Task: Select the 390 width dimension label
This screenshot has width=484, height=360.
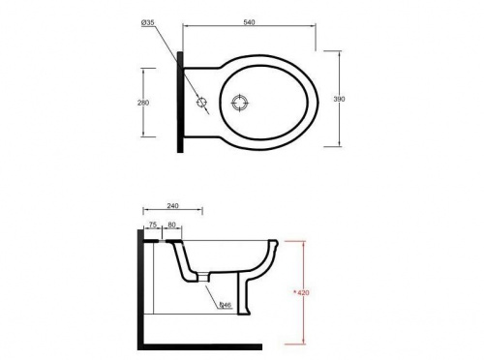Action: pos(340,99)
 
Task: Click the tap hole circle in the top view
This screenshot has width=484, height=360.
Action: pos(200,102)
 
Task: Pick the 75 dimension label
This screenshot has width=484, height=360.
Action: pos(152,225)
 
